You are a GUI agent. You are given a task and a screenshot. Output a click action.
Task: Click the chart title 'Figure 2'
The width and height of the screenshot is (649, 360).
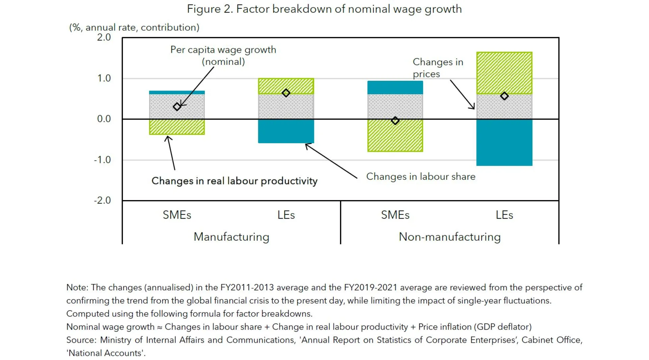[x=324, y=9]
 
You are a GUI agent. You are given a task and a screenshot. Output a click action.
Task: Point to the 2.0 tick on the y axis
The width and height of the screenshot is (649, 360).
[x=104, y=38]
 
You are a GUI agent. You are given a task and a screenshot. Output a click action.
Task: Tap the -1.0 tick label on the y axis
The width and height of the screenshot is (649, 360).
[x=102, y=160]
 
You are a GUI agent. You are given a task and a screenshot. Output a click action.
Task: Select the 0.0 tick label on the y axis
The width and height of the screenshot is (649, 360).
[x=104, y=119]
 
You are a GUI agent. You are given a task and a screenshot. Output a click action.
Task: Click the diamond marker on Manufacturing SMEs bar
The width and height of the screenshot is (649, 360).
[x=177, y=107]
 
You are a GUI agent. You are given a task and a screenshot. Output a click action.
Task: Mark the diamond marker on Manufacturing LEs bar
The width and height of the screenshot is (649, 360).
[x=286, y=93]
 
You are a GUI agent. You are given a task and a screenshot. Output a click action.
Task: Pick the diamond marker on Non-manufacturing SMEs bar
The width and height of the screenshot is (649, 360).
[x=395, y=121]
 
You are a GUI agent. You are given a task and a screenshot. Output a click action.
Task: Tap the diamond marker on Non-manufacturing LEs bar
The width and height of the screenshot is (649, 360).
[x=504, y=96]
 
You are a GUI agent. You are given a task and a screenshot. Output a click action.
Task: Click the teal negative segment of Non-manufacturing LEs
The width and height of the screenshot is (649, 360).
[x=504, y=142]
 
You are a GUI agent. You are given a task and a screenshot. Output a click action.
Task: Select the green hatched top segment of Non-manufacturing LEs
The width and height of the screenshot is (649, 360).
[x=504, y=73]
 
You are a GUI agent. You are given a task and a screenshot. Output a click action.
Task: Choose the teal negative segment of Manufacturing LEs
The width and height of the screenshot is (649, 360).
[x=286, y=131]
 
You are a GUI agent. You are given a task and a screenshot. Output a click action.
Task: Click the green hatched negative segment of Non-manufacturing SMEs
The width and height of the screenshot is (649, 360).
[x=395, y=135]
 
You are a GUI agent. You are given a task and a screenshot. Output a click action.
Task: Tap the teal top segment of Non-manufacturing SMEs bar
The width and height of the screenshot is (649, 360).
[x=395, y=88]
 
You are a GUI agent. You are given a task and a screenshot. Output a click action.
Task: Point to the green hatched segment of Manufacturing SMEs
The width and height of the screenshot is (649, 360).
[x=177, y=127]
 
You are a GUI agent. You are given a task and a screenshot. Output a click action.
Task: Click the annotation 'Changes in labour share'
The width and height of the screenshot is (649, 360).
[x=420, y=176]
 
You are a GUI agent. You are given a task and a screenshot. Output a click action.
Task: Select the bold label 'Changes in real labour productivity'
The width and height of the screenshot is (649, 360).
[x=234, y=181]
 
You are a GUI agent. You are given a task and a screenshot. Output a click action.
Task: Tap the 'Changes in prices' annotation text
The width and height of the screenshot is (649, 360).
[x=437, y=68]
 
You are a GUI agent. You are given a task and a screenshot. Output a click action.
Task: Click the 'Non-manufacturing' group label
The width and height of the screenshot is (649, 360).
[x=450, y=237]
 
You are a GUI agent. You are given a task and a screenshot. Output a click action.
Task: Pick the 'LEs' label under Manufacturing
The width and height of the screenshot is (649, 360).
[x=286, y=215]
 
